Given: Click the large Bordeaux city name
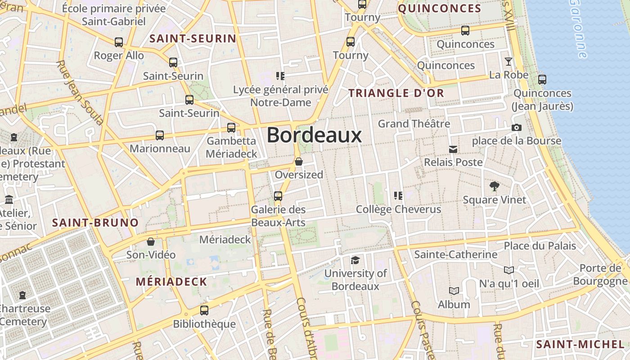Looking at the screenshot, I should coord(314,135).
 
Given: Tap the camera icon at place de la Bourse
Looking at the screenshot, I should coord(517,127).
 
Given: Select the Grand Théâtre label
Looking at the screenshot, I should coord(414,123).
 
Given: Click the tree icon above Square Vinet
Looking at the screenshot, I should coord(494,186).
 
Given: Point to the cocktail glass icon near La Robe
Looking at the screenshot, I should coord(508,62).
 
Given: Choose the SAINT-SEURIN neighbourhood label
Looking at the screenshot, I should coord(193,39).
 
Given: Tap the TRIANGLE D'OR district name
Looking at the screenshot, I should coord(396,93).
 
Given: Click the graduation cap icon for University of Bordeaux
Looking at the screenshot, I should coord(355,260).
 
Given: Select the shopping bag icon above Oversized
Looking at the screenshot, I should coord(298,161).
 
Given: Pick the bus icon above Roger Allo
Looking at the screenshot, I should coord(119,42).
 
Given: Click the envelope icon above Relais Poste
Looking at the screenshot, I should coord(453,149).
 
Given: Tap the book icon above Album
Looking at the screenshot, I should coord(454,291).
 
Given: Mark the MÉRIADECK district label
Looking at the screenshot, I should coord(171,282).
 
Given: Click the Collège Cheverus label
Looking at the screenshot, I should coord(398,209).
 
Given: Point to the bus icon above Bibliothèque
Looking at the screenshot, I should coord(204,310).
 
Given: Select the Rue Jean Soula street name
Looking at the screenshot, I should coord(80,92).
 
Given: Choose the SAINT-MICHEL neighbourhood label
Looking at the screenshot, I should coord(580,345).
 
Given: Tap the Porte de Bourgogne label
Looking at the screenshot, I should coord(600,274).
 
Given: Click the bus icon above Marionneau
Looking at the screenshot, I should coord(160,135).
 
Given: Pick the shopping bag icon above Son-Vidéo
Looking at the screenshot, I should coord(151,242).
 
